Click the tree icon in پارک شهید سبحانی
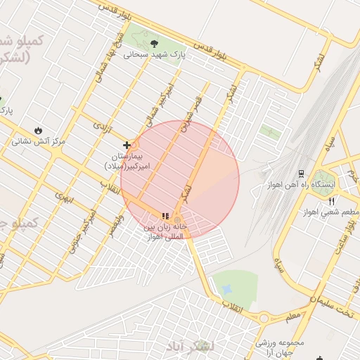click(x=153, y=41)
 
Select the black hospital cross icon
click(x=127, y=145)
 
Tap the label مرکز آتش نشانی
click(x=39, y=141)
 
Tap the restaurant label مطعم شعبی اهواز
click(x=330, y=212)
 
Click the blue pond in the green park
click(x=226, y=288)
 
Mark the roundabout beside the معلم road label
click(x=264, y=318)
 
